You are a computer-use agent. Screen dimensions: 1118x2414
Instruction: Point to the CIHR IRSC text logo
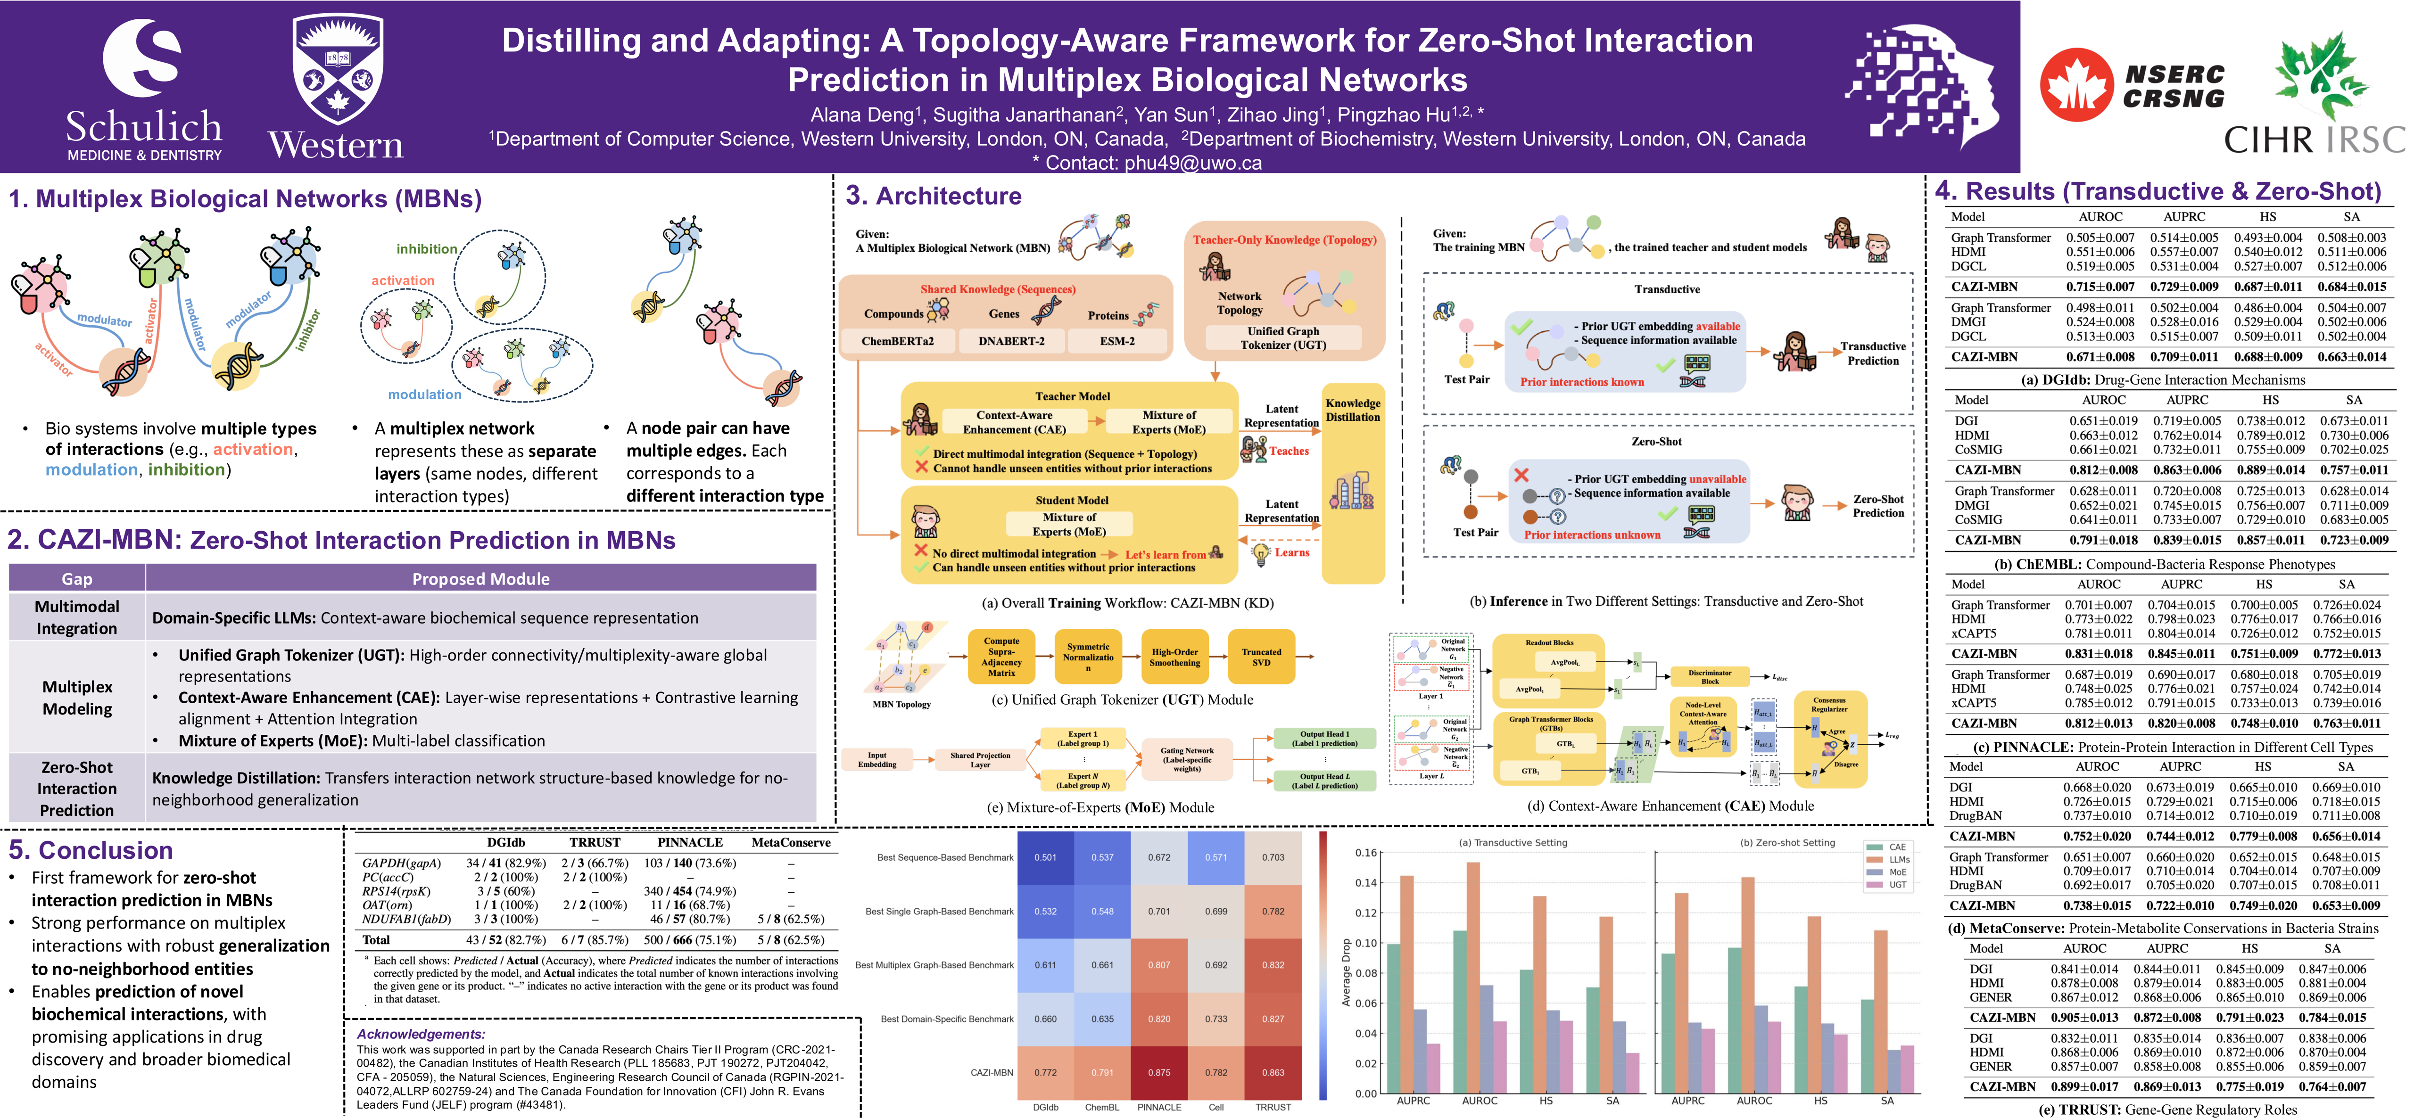2315,140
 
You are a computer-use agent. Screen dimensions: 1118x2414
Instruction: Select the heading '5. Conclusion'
91,850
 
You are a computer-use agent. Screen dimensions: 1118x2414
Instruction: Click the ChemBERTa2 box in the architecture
897,341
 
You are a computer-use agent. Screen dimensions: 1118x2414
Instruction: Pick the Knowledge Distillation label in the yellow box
1352,410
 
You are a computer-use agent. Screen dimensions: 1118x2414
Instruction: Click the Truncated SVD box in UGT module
1261,657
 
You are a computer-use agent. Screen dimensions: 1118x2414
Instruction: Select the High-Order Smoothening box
1175,657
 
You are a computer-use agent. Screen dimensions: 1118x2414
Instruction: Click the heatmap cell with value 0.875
1159,1072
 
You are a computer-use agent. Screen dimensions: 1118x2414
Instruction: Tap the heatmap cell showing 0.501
1045,857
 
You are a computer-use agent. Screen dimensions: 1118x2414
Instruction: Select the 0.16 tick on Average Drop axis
1365,853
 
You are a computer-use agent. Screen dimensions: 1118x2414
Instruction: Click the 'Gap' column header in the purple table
77,578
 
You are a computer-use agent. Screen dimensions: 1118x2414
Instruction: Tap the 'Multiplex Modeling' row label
77,697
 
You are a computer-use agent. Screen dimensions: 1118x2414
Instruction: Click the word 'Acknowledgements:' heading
421,1034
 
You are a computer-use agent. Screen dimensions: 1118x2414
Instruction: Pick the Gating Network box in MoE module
1186,759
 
